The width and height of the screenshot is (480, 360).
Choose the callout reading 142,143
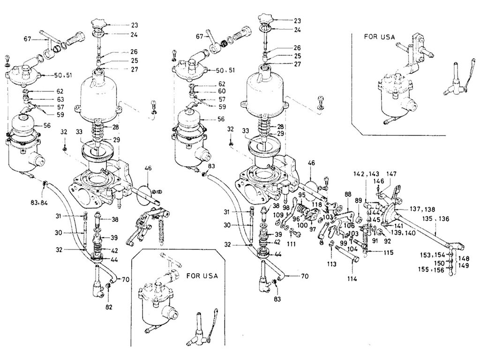pyautogui.click(x=363, y=173)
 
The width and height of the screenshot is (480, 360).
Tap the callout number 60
pyautogui.click(x=222, y=91)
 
